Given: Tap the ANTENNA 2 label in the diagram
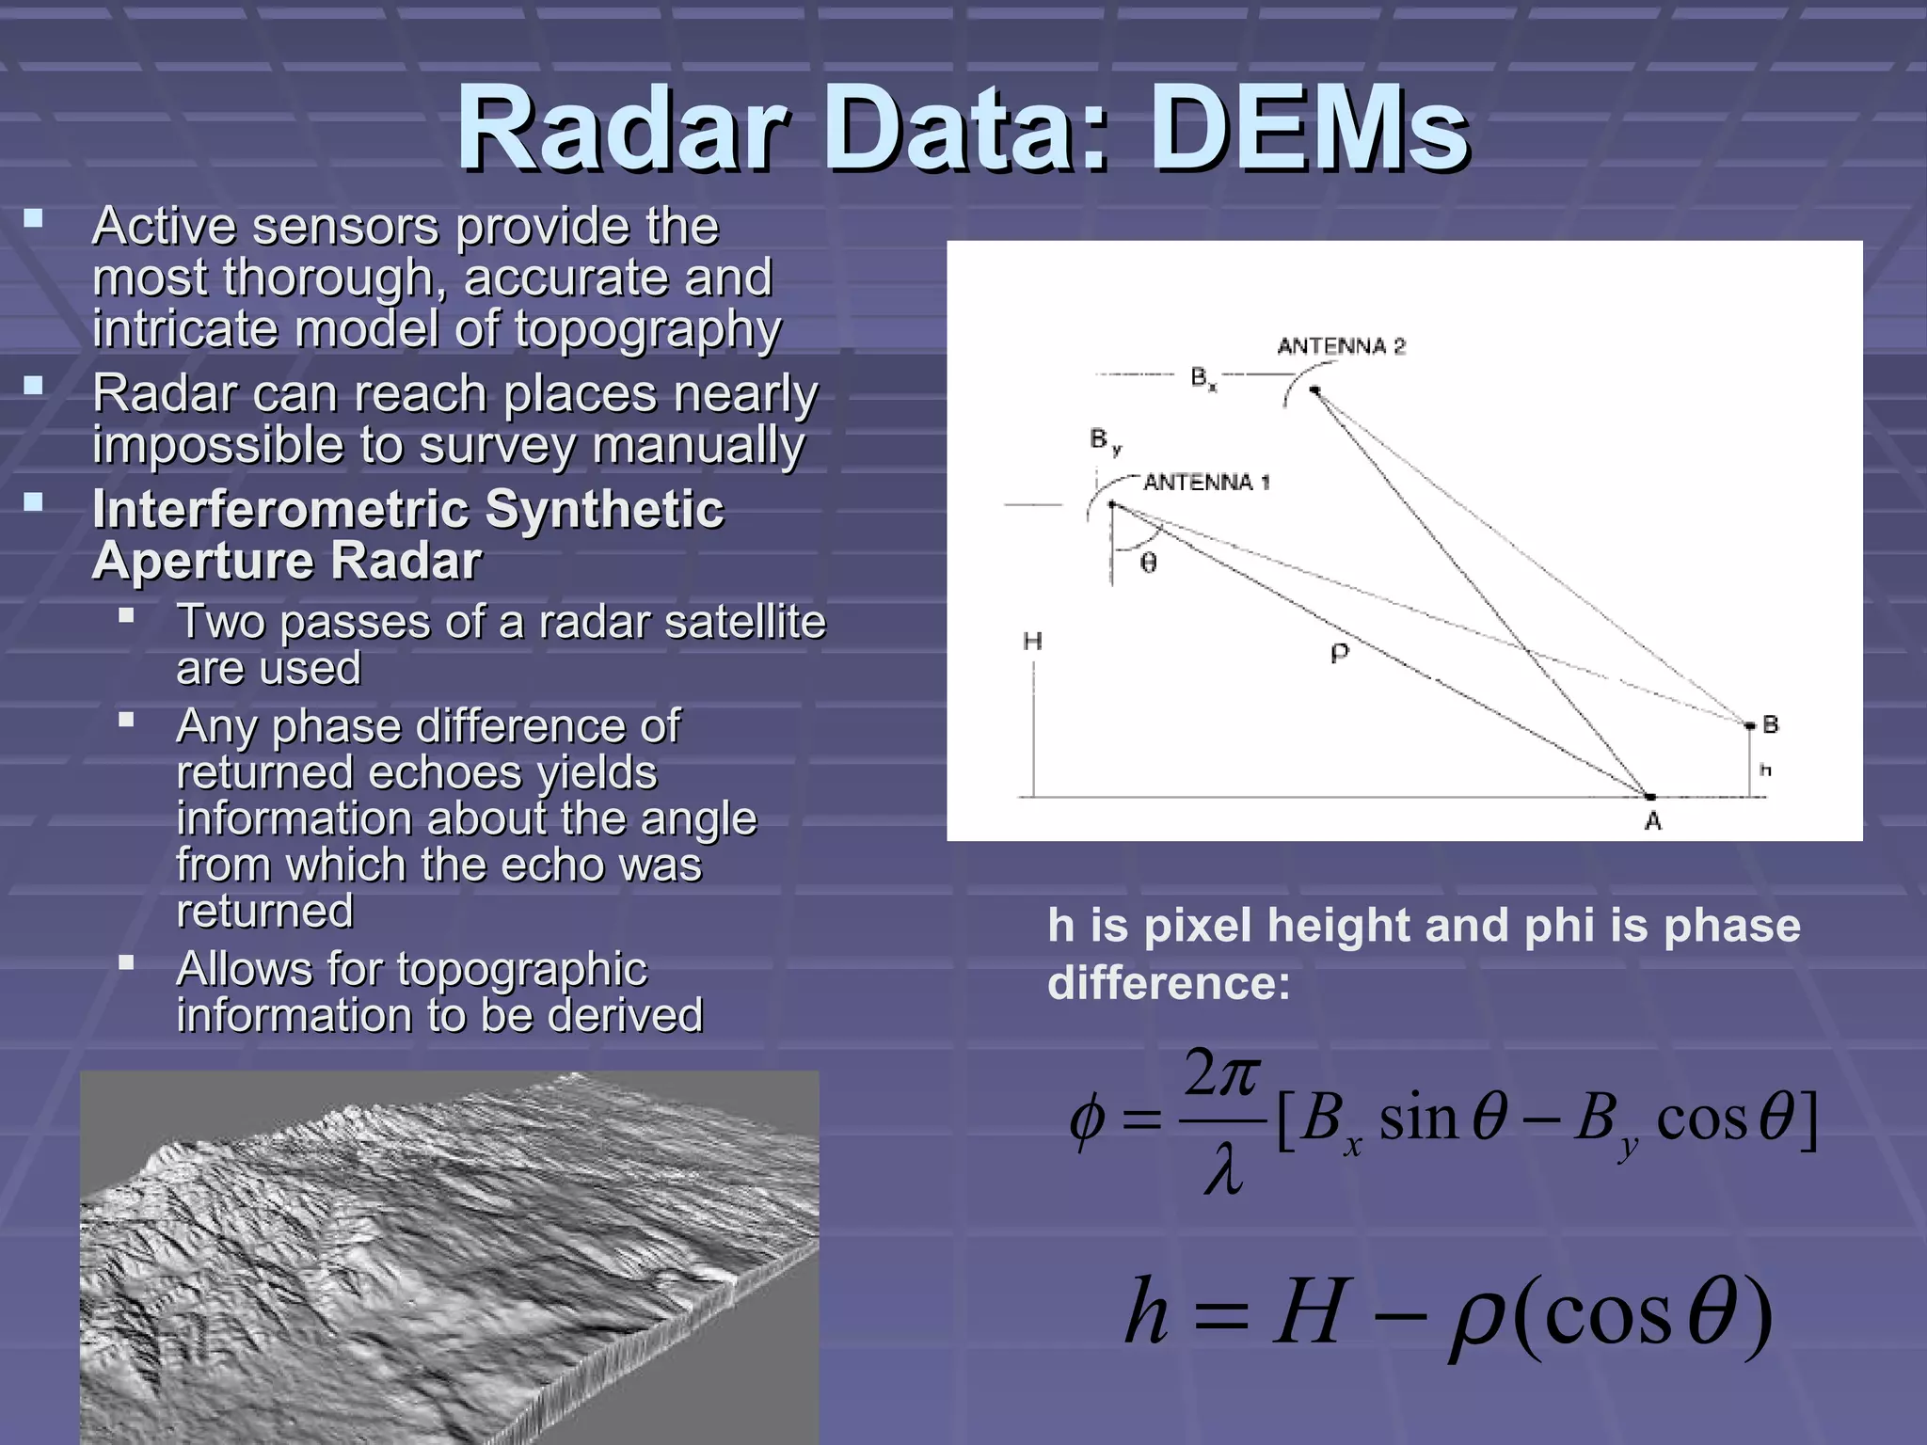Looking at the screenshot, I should [1341, 346].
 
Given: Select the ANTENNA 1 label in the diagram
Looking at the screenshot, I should [1206, 483].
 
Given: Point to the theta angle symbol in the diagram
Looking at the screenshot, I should [1149, 563].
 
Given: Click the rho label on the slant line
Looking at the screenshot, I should [1340, 652].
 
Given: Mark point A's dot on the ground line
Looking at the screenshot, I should [1649, 797].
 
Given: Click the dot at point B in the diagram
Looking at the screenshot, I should [1750, 725].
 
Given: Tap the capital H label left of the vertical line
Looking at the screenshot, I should [1032, 642].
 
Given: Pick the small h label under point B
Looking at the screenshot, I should [1765, 770].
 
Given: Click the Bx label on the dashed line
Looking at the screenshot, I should [1202, 378].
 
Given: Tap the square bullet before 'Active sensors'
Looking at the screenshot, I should [34, 219].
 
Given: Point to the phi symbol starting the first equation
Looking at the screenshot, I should [1087, 1121].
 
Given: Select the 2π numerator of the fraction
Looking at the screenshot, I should [1221, 1073].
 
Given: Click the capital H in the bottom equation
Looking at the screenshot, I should [1307, 1311].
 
